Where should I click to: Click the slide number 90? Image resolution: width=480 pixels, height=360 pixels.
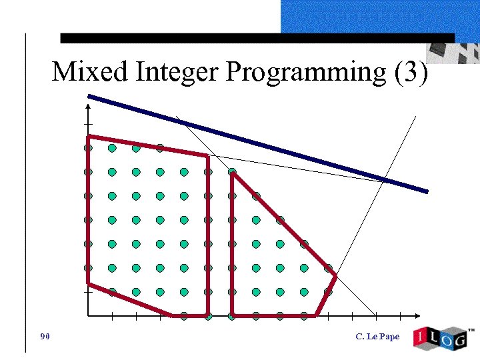[x=45, y=336]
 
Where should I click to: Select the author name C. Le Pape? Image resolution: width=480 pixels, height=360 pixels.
[x=377, y=336]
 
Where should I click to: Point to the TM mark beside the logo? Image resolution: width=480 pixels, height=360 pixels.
[x=471, y=330]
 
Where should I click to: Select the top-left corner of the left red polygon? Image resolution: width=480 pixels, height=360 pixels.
[x=88, y=137]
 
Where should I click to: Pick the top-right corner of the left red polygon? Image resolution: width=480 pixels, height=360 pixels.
[x=208, y=157]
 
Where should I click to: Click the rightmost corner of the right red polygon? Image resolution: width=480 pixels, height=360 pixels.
[x=335, y=275]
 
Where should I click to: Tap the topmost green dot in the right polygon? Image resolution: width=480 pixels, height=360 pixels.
[x=232, y=172]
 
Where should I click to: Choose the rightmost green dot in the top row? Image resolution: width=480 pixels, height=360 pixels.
[x=160, y=148]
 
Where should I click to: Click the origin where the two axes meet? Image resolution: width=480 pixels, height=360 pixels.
[x=88, y=315]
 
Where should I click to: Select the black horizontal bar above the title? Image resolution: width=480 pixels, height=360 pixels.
[x=257, y=38]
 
